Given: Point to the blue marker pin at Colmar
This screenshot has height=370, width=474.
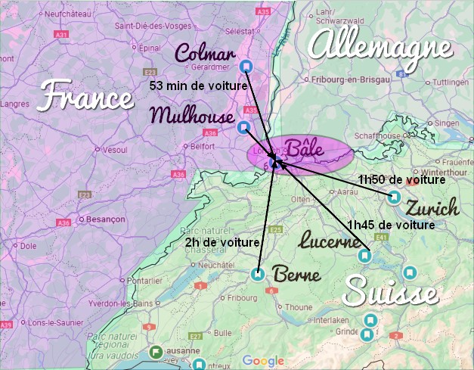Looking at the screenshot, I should (x=245, y=67).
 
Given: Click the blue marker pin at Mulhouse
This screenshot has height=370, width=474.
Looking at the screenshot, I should (x=243, y=127).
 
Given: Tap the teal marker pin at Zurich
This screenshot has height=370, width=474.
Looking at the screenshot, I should (x=394, y=197).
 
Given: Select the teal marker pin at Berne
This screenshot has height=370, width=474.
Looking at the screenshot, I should (x=258, y=275).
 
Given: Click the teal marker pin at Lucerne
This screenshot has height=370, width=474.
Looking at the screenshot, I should (x=364, y=256).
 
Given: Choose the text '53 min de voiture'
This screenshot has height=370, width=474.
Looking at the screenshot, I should (x=199, y=86).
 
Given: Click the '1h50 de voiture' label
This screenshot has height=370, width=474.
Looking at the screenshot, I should (x=401, y=180).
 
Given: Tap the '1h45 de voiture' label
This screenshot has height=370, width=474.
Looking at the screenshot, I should (x=390, y=225).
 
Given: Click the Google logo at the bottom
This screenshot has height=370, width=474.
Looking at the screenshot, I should (x=263, y=361).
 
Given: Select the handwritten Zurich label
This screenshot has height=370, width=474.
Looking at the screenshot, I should (x=432, y=208).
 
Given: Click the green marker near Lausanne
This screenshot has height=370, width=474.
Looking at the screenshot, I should (x=156, y=352).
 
